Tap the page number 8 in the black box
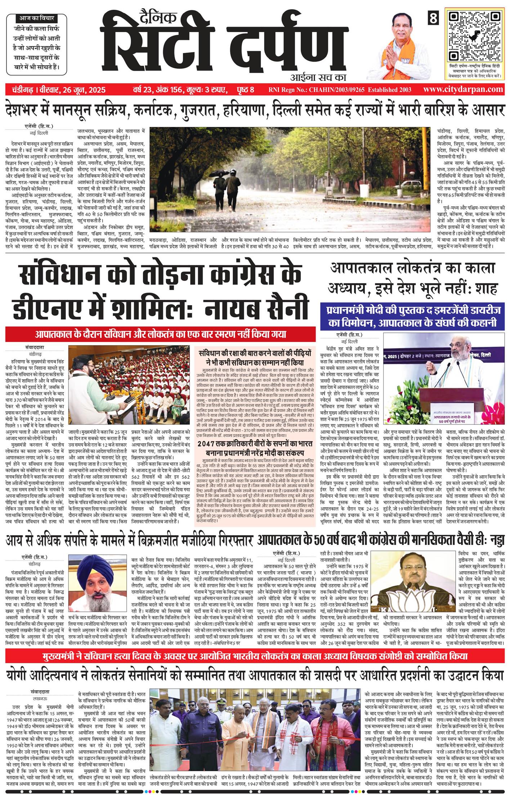click(433, 18)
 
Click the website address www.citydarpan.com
click(465, 89)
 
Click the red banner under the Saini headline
click(160, 335)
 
